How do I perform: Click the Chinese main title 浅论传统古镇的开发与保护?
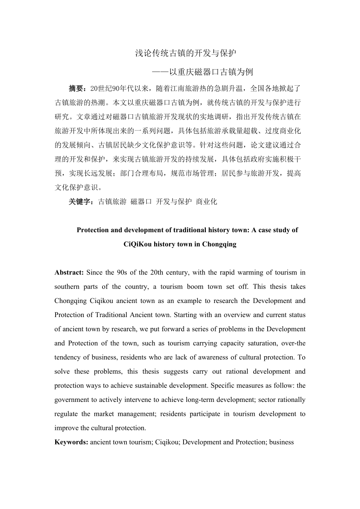click(186, 54)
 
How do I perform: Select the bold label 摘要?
click(76, 88)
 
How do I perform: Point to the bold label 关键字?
click(79, 202)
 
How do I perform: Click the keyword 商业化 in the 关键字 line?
click(206, 202)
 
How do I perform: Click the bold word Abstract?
click(68, 272)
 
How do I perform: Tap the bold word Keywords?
click(71, 442)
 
